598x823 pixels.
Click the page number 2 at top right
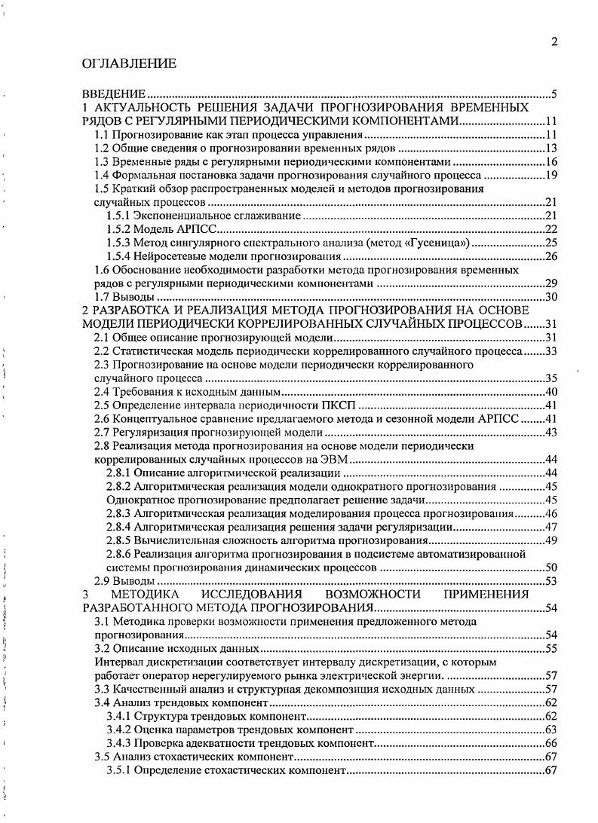[x=554, y=42]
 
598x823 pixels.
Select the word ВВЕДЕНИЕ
[x=114, y=94]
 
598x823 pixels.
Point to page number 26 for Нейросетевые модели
[x=550, y=256]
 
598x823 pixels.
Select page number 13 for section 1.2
[x=550, y=148]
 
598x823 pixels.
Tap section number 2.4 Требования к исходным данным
[x=101, y=392]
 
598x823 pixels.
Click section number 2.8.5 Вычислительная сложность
[x=120, y=540]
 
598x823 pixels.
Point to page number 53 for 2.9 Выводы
[x=550, y=581]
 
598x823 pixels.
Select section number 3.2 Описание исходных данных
[x=101, y=648]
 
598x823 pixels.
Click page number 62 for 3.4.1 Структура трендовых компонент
[x=550, y=716]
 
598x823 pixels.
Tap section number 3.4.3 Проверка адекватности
[x=120, y=743]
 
